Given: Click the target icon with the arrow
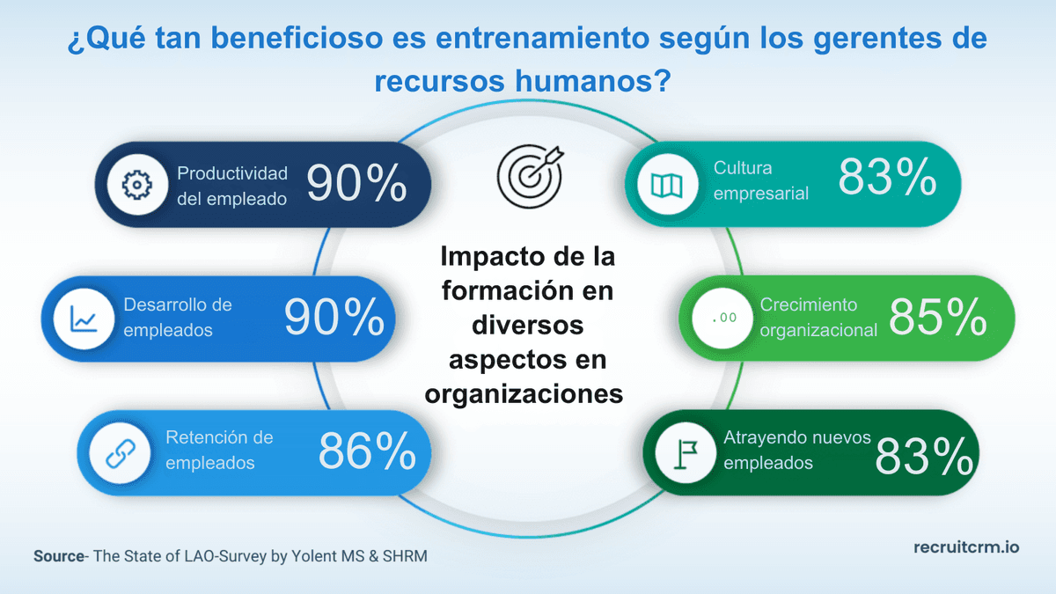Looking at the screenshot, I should pos(528,171).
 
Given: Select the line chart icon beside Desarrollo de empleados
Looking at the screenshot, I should pos(84,318).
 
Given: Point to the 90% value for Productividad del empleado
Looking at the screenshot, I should pos(356,184).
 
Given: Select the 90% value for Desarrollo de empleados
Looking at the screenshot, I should pos(334,317).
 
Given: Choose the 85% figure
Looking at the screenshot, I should pos(937,317).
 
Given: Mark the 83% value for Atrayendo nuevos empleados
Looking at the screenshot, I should pos(924,456).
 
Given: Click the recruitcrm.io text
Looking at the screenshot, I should pos(965,546).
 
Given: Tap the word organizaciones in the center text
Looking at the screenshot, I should pos(524,393).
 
